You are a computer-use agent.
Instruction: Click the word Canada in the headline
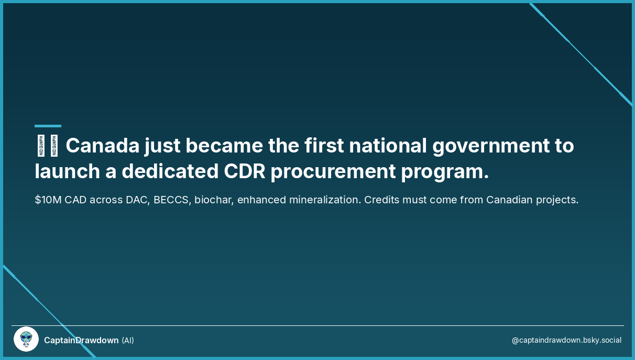pyautogui.click(x=102, y=146)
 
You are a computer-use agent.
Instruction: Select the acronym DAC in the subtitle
pyautogui.click(x=138, y=200)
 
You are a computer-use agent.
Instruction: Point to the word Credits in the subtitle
pyautogui.click(x=380, y=200)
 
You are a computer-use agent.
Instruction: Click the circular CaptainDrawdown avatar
pyautogui.click(x=26, y=340)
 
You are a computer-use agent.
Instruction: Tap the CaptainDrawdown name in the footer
pyautogui.click(x=81, y=340)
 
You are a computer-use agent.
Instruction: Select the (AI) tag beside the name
pyautogui.click(x=128, y=340)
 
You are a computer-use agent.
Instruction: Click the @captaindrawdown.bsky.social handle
pyautogui.click(x=566, y=340)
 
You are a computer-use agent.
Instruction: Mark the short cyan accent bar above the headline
pyautogui.click(x=48, y=126)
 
